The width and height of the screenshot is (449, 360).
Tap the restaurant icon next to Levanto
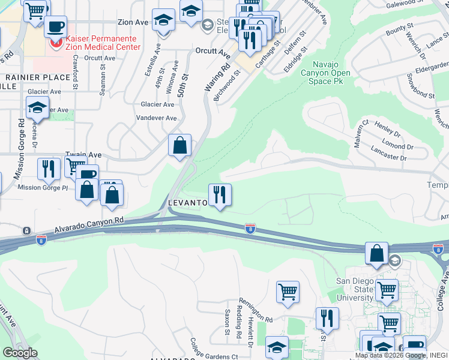pos(220,194)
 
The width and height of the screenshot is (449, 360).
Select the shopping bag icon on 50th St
pos(179,145)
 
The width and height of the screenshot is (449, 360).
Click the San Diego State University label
pos(354,289)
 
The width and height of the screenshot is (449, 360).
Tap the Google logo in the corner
pos(19,353)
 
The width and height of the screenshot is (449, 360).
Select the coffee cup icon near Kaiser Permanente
pos(56,27)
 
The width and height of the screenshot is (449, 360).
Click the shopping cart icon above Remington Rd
pos(288,292)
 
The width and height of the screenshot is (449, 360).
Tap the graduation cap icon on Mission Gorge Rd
pos(37,108)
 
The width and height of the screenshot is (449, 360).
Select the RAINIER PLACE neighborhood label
pos(38,77)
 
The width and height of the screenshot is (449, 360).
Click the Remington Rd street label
pos(256,310)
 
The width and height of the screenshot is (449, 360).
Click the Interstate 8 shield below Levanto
pos(250,228)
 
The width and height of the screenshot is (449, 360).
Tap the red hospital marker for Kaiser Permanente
pos(56,43)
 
